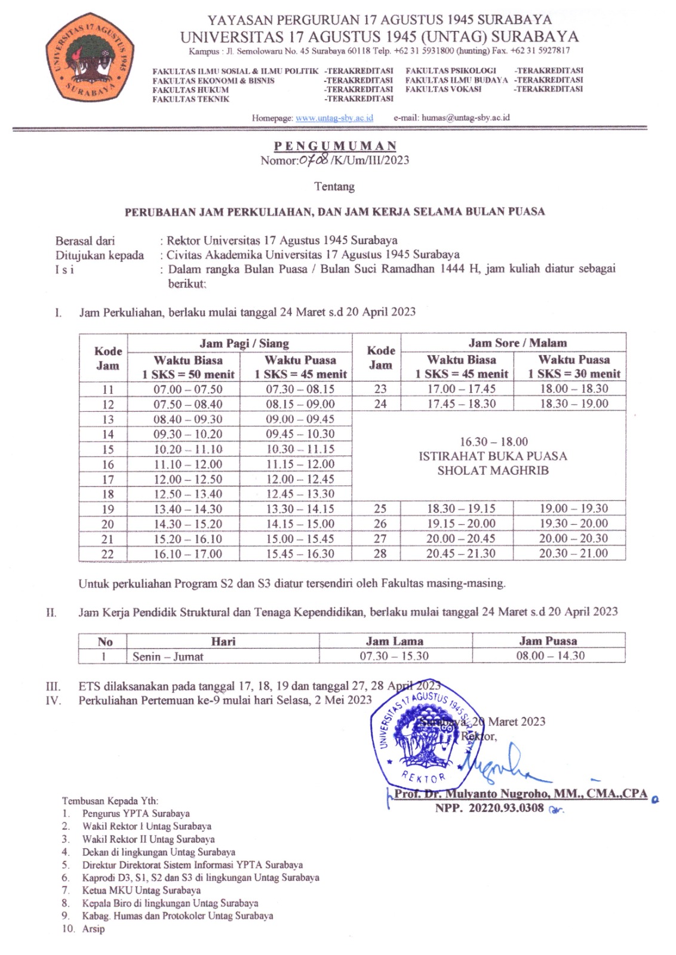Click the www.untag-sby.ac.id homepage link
click(334, 118)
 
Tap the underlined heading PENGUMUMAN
click(335, 146)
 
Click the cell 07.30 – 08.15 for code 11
click(300, 389)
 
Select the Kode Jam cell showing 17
click(107, 479)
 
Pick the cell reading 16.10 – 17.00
click(188, 554)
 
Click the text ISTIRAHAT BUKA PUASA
click(493, 456)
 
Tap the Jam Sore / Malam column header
click(517, 343)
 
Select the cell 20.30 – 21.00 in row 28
click(573, 553)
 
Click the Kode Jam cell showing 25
click(380, 509)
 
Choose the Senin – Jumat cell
click(168, 657)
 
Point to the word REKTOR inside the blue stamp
click(423, 777)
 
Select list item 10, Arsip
click(93, 929)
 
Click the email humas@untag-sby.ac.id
click(465, 118)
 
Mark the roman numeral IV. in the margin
click(53, 700)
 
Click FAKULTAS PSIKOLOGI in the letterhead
click(451, 70)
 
